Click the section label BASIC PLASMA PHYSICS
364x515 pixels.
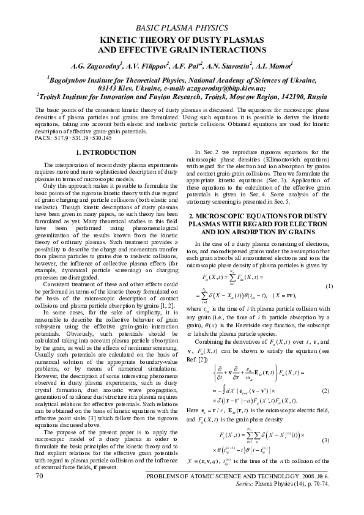[x=182, y=28]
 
